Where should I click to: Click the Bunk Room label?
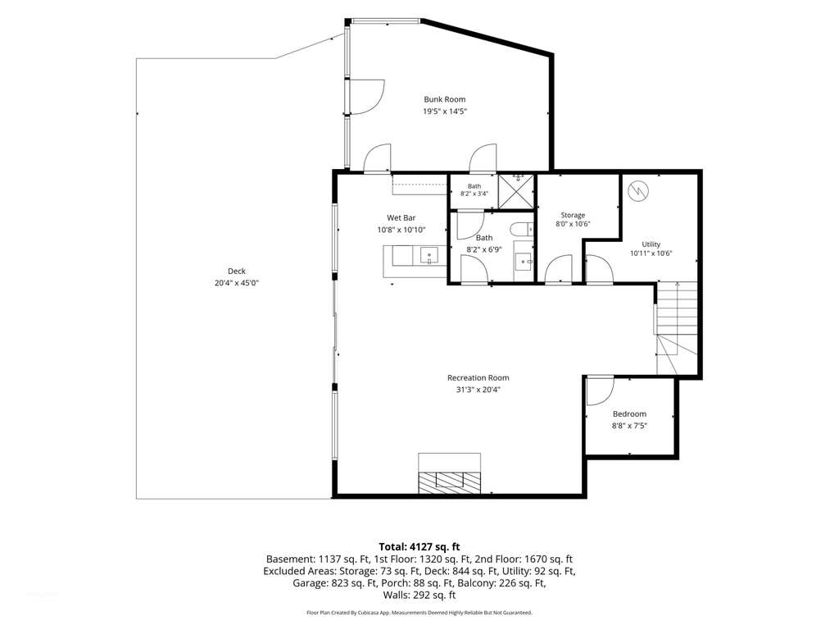coord(445,99)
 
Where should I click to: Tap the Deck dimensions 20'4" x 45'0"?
coord(237,283)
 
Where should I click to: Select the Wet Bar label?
coord(401,217)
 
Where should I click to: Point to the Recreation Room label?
coord(478,377)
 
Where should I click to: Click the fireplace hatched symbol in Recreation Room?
coord(450,482)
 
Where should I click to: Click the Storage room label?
coord(573,215)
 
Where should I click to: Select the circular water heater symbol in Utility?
coord(638,190)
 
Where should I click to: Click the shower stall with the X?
coord(516,191)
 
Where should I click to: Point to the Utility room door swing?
coord(599,268)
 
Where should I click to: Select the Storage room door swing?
coord(559,268)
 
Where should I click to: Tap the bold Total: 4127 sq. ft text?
coord(419,547)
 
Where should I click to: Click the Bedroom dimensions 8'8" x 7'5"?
coord(630,426)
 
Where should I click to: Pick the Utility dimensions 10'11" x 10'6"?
coord(651,253)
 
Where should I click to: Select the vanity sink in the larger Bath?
coord(524,262)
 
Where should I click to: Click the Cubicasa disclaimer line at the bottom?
coord(419,612)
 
